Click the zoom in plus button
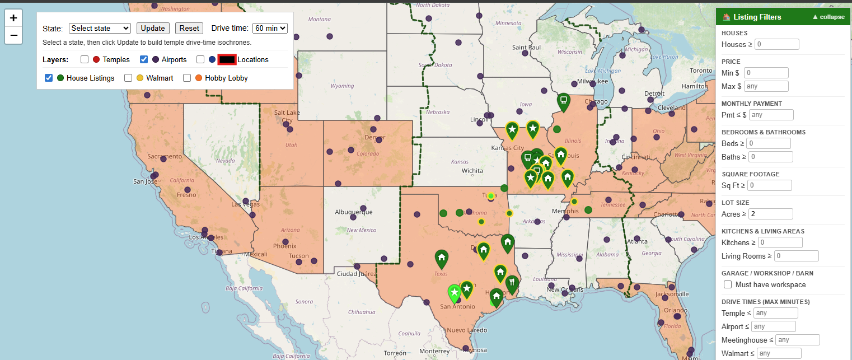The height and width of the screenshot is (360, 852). (x=13, y=18)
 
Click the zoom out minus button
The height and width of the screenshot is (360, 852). (x=13, y=35)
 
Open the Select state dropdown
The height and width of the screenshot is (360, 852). (x=100, y=28)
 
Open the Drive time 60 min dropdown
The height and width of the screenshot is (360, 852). (x=270, y=28)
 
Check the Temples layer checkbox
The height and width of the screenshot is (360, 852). (x=85, y=59)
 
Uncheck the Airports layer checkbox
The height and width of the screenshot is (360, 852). (x=144, y=59)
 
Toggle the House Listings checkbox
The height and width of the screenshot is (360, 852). (x=49, y=78)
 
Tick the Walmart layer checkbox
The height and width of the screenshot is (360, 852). (x=128, y=78)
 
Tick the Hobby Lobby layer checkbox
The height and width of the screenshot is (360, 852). (x=187, y=78)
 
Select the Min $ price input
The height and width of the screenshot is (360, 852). (x=766, y=73)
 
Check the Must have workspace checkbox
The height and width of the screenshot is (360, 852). (x=728, y=284)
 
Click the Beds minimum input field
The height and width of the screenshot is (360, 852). (x=769, y=143)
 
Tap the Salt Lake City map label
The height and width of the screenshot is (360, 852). (x=287, y=116)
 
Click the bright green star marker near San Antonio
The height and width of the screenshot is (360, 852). (x=455, y=292)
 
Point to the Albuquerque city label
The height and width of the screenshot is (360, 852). (x=353, y=212)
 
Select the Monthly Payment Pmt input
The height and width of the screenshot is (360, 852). (x=771, y=115)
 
